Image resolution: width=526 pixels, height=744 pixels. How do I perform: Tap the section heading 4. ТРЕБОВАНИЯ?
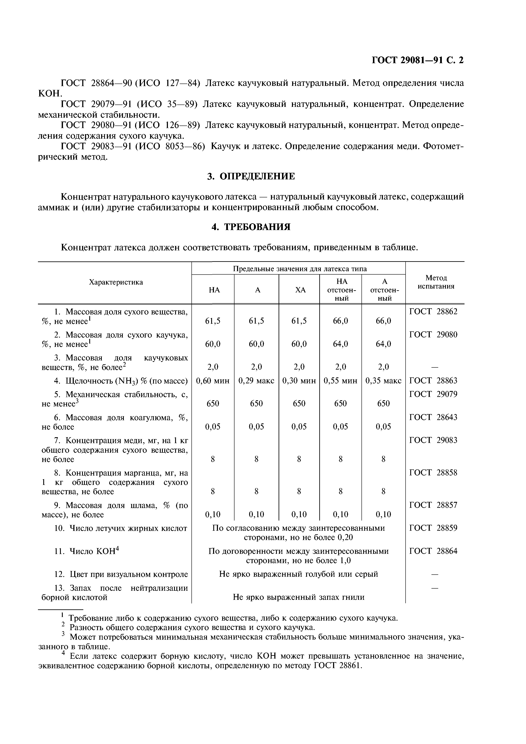click(x=251, y=227)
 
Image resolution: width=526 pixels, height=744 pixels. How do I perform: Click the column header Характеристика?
click(x=116, y=282)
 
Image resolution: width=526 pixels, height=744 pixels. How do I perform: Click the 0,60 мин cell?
click(x=213, y=381)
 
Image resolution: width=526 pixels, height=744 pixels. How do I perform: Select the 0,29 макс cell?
click(x=256, y=381)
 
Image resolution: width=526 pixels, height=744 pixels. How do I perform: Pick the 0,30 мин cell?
click(x=299, y=381)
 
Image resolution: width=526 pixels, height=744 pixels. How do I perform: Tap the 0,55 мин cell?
click(x=341, y=381)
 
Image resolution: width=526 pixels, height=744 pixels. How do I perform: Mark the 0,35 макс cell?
click(x=383, y=381)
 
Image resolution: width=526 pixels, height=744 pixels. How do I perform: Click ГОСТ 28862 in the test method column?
click(x=433, y=312)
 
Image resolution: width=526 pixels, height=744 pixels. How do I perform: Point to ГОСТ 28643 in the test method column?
click(x=433, y=417)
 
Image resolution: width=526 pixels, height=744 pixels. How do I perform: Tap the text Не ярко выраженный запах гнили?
click(x=299, y=597)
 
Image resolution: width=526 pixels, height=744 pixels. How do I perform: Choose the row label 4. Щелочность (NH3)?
click(x=121, y=381)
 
